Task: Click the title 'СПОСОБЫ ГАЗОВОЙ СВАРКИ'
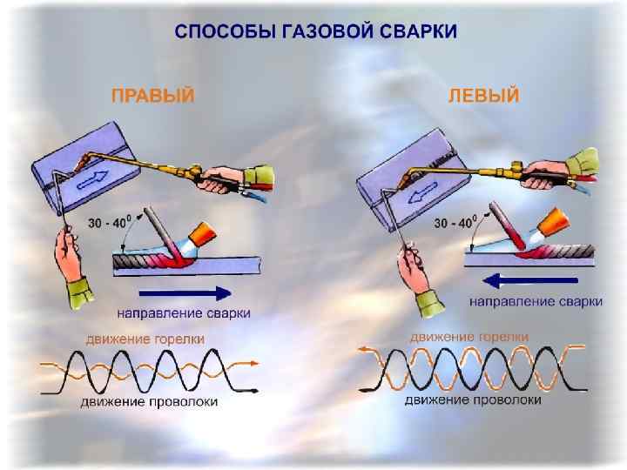(x=315, y=32)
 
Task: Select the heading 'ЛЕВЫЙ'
(x=482, y=95)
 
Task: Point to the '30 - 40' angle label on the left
(x=111, y=223)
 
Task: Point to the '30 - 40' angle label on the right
(x=455, y=224)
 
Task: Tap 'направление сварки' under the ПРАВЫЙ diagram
(x=184, y=312)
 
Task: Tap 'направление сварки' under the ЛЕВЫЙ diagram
(x=536, y=301)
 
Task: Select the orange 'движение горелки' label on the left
(x=145, y=338)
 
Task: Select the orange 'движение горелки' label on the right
(x=469, y=336)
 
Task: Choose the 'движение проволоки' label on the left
(x=149, y=401)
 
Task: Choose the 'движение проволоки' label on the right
(x=473, y=399)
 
